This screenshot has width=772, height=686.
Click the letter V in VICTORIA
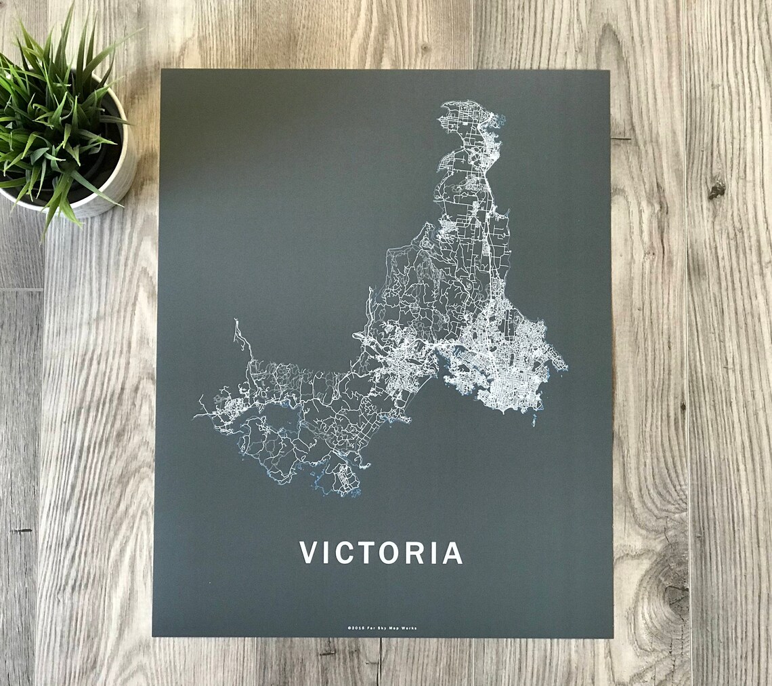point(309,552)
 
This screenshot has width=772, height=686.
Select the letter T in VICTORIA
point(368,552)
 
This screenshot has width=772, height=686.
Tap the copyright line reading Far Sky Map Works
point(382,628)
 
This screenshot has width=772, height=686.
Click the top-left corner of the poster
point(162,70)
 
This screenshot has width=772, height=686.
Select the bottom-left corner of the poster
point(153,635)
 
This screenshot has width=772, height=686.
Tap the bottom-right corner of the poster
point(612,637)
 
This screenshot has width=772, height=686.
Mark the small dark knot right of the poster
point(716,190)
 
